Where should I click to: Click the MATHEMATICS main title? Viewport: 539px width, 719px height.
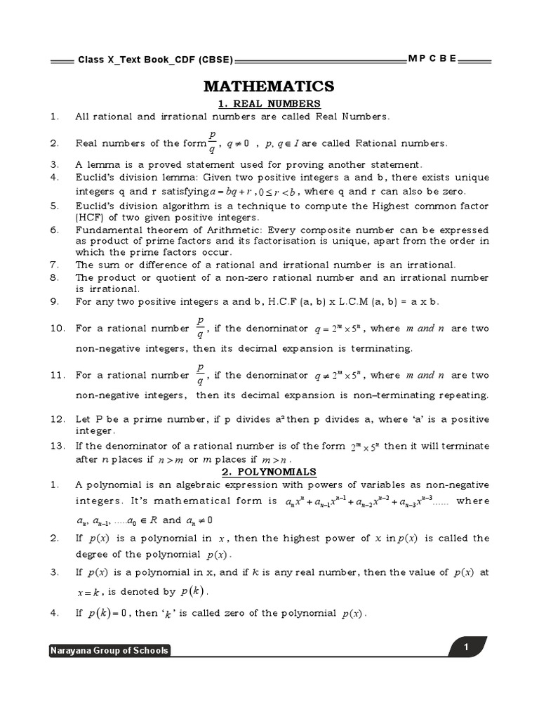[x=269, y=86]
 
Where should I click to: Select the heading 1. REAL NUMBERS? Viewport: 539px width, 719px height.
[x=269, y=104]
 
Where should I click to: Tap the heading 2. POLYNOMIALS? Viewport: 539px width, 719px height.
[x=269, y=472]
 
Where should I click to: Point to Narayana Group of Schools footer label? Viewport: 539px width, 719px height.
[x=109, y=651]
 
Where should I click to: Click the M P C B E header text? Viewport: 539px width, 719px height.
[x=433, y=59]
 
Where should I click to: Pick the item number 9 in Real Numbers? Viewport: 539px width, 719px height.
[x=53, y=301]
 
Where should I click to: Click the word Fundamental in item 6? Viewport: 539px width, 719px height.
[x=106, y=230]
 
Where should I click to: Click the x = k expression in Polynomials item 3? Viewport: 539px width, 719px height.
[x=89, y=592]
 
